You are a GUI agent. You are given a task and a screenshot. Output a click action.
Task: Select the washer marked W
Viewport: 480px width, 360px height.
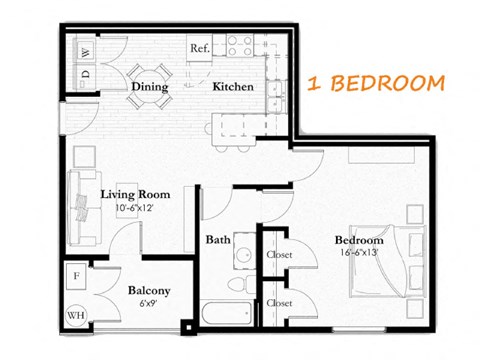click(x=85, y=52)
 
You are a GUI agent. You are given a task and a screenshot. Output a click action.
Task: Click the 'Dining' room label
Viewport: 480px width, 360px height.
click(x=150, y=87)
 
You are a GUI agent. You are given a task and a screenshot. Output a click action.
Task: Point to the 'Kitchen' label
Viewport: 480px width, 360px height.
click(x=232, y=87)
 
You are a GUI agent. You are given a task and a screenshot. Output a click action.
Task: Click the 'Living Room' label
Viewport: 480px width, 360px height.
click(x=134, y=194)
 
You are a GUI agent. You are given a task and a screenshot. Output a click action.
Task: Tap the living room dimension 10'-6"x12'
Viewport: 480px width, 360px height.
click(x=134, y=207)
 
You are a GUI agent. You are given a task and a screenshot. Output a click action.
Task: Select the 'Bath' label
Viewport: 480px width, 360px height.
click(x=218, y=240)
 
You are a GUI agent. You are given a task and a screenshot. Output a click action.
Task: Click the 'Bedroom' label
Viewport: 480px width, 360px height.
click(x=358, y=240)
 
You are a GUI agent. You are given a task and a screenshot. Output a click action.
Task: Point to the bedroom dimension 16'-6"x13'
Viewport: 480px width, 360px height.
click(x=358, y=252)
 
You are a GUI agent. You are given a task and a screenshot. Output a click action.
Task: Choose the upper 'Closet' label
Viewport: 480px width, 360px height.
click(x=279, y=254)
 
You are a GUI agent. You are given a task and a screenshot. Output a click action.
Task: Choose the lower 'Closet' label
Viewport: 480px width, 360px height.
click(x=279, y=302)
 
